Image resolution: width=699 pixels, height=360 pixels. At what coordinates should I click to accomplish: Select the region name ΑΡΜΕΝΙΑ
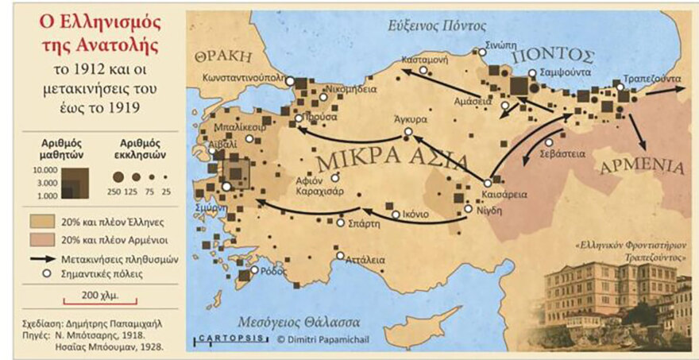click(x=641, y=166)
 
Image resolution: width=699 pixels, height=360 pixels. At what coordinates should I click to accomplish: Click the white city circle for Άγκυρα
click(x=408, y=131)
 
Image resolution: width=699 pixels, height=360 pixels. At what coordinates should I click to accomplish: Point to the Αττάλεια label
click(x=365, y=258)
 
